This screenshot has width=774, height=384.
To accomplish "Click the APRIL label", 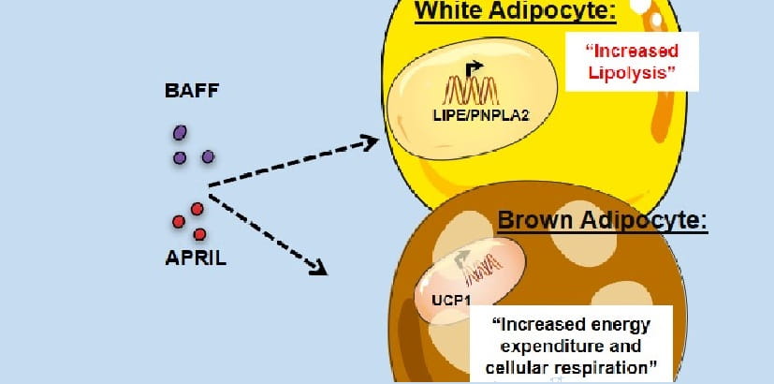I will pos(196,257).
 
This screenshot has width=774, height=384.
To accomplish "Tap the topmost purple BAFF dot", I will pos(180,133).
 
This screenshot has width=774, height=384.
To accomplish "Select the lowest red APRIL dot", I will pos(199,233).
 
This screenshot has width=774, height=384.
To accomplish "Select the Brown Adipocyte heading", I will pos(603,221).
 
